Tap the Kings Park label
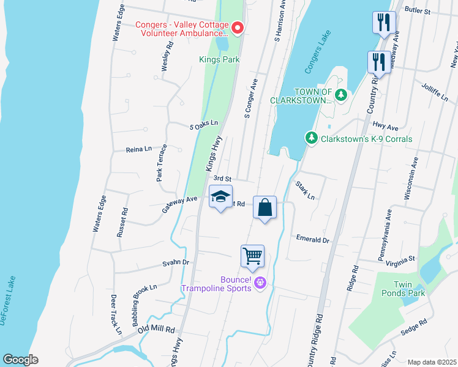(x=219, y=60)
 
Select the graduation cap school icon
(x=221, y=198)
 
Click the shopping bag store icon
(x=265, y=208)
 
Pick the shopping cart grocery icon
(x=252, y=256)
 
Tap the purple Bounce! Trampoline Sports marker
(x=260, y=283)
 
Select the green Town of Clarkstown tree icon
(x=341, y=94)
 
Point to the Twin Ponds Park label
(x=411, y=289)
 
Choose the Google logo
(x=20, y=360)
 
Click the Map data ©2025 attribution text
(x=432, y=362)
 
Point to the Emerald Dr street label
(x=312, y=240)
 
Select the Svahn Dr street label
(x=176, y=262)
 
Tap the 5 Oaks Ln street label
(x=204, y=124)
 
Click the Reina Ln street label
(x=138, y=149)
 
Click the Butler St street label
(x=419, y=11)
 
